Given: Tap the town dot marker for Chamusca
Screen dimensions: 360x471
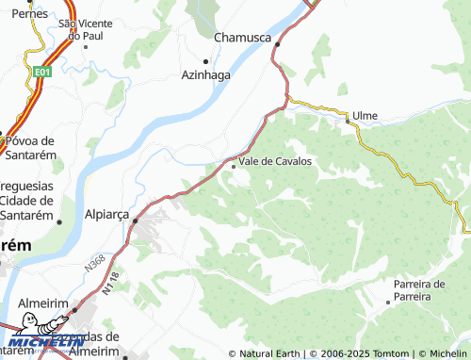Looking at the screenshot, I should pyautogui.click(x=277, y=43).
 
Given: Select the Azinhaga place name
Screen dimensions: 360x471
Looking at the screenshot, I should pyautogui.click(x=206, y=76).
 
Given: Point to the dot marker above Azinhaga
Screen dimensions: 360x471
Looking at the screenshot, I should pyautogui.click(x=206, y=62).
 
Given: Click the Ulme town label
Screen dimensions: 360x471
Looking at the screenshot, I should pyautogui.click(x=365, y=116).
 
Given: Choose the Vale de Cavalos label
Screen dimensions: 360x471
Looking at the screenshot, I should pyautogui.click(x=275, y=161).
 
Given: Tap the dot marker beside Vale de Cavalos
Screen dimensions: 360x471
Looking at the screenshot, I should pyautogui.click(x=234, y=167).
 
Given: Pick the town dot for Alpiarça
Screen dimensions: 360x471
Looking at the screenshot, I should pyautogui.click(x=135, y=221).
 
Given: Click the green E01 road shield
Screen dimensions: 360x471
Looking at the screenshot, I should pyautogui.click(x=41, y=71).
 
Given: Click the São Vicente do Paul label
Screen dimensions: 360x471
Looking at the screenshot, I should pyautogui.click(x=80, y=28).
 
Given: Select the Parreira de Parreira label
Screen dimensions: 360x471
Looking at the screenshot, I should pyautogui.click(x=419, y=289).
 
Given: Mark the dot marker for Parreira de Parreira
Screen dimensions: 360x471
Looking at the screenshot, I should pyautogui.click(x=388, y=303).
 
